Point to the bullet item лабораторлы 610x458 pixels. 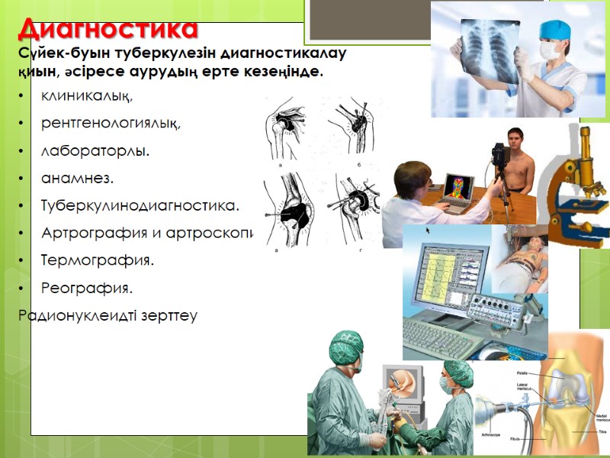pos(95,151)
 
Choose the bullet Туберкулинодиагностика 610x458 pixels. pos(140,206)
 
